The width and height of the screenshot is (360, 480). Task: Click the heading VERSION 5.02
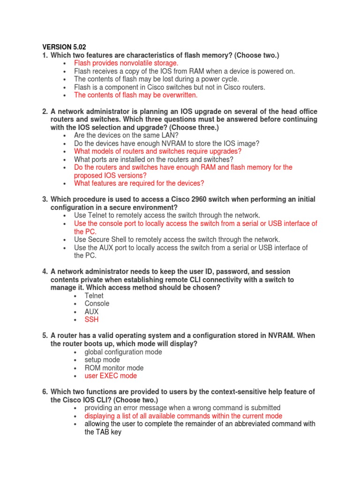[65, 47]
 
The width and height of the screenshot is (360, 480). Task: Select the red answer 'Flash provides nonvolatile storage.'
[126, 63]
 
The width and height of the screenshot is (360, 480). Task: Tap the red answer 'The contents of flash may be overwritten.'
[136, 95]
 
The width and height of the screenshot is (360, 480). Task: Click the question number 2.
[45, 112]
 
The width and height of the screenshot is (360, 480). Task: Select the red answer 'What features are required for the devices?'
[139, 183]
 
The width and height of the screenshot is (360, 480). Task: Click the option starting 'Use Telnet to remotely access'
[167, 215]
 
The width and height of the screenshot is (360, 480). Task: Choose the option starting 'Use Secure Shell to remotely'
[177, 240]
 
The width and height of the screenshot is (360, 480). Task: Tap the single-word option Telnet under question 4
[94, 296]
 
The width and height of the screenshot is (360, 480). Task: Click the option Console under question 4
[97, 304]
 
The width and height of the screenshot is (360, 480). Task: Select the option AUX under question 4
[91, 312]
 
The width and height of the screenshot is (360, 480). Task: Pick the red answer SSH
[91, 320]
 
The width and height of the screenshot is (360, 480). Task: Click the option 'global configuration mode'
[123, 352]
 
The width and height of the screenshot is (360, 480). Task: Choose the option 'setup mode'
[102, 360]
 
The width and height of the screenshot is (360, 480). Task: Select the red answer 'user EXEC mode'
[111, 376]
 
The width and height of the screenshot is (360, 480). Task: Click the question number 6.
[45, 392]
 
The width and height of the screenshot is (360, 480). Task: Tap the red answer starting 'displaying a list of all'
[183, 416]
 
